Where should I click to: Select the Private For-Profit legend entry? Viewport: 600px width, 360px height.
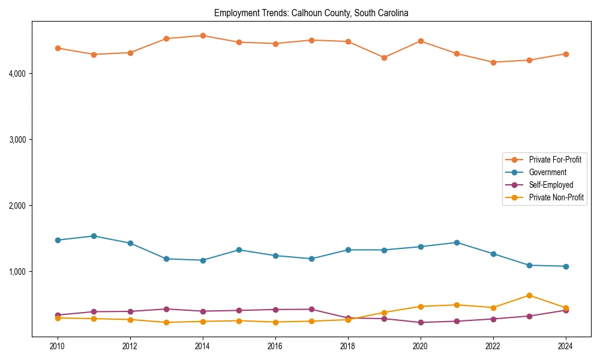[555, 160]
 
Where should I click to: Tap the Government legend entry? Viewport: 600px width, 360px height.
[547, 172]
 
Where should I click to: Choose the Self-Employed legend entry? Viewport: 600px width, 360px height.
[551, 185]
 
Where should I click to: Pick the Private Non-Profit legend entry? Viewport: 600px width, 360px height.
[556, 197]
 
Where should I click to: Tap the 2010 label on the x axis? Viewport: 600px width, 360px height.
[58, 346]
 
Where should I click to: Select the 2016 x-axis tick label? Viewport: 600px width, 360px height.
[275, 346]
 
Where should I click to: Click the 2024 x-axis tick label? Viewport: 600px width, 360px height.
[566, 346]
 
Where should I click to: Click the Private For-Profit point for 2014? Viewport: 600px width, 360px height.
[203, 35]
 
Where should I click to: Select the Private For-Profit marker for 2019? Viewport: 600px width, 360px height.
[384, 58]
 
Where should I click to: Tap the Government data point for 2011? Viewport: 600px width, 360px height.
[94, 236]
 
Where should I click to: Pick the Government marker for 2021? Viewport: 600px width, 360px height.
[457, 242]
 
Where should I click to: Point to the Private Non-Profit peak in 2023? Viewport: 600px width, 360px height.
[529, 295]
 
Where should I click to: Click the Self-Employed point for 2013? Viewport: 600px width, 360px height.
[166, 309]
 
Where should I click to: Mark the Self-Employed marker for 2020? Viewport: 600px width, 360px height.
[421, 323]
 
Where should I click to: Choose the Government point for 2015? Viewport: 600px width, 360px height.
[239, 250]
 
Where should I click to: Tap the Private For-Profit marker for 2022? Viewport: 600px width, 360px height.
[493, 62]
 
